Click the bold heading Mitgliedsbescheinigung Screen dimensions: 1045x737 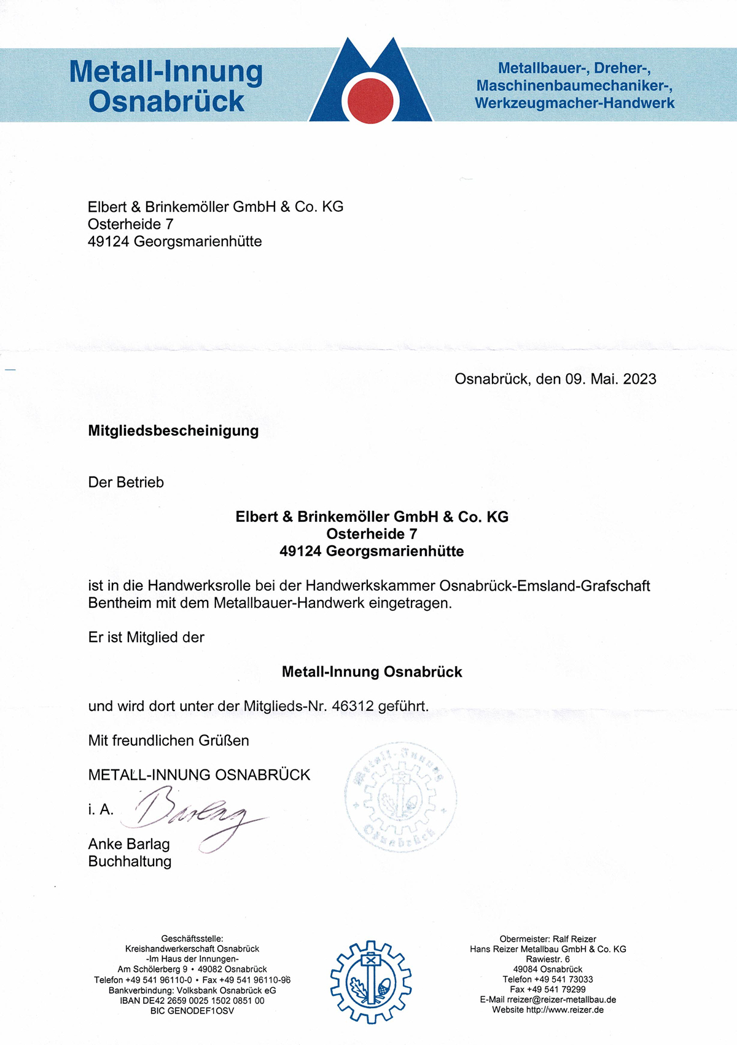pyautogui.click(x=173, y=430)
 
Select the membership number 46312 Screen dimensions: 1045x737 pyautogui.click(x=353, y=706)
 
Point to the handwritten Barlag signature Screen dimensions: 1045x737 pyautogui.click(x=190, y=817)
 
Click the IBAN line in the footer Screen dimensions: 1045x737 pyautogui.click(x=192, y=1000)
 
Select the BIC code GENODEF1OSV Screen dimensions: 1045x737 pyautogui.click(x=192, y=1011)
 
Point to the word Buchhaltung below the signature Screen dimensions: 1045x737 pyautogui.click(x=130, y=861)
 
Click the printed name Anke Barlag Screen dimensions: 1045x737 pyautogui.click(x=129, y=844)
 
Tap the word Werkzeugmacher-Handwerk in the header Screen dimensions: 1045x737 pyautogui.click(x=574, y=103)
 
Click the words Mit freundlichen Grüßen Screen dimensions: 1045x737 pyautogui.click(x=169, y=740)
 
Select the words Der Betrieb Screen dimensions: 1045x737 pyautogui.click(x=126, y=482)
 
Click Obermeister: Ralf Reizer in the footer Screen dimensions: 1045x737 pyautogui.click(x=548, y=939)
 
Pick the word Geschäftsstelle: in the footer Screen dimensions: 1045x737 pyautogui.click(x=192, y=938)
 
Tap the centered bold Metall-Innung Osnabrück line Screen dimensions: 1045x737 pyautogui.click(x=372, y=672)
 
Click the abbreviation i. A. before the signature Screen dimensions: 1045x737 pyautogui.click(x=101, y=810)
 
